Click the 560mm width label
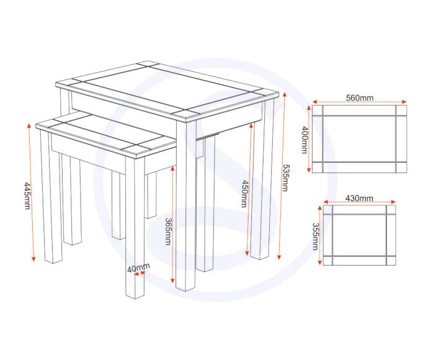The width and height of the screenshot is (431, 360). coord(360,97)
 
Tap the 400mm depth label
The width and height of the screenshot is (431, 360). coord(304,140)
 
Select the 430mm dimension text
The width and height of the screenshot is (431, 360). coord(359,198)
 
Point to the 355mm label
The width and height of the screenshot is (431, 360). coord(315,236)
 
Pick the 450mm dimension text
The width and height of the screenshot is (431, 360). coord(244,194)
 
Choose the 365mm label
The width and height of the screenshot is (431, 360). coord(168,232)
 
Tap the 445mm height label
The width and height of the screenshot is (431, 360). coord(28,196)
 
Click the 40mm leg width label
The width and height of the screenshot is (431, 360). coord(138,267)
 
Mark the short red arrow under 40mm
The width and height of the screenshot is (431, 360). coord(140,273)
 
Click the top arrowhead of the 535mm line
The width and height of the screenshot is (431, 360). coord(285,95)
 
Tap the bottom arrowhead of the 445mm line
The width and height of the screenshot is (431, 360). coord(33,258)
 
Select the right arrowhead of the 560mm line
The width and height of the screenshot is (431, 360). coord(404,101)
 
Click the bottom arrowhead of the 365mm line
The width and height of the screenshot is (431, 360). coord(172,280)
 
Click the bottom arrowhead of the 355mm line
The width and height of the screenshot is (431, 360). coord(319,262)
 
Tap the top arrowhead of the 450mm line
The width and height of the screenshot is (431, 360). coord(251,126)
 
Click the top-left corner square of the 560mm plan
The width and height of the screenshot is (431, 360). coord(317,110)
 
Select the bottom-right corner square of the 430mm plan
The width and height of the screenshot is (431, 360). coord(391,261)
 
